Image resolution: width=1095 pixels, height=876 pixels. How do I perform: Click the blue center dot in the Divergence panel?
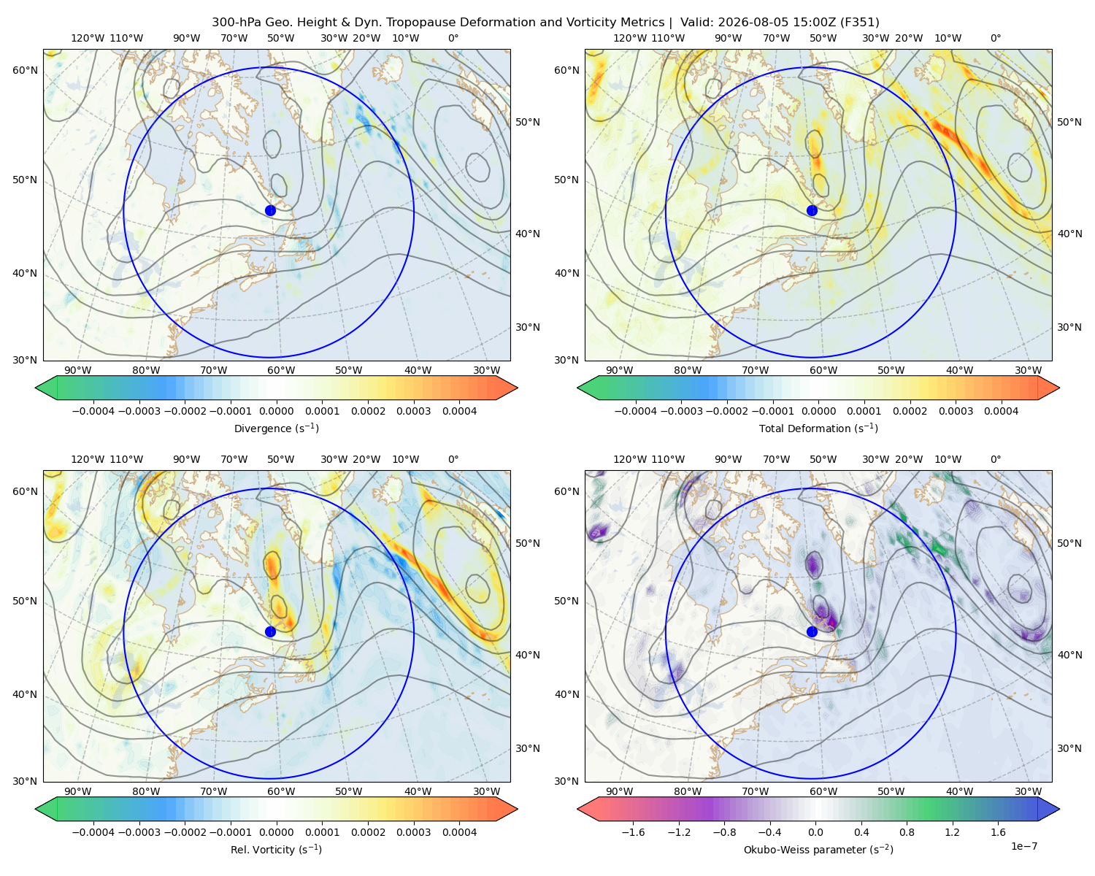click(x=270, y=210)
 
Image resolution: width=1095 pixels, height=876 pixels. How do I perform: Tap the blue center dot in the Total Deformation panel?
click(x=812, y=210)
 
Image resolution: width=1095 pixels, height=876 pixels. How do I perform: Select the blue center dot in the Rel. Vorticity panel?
click(x=270, y=631)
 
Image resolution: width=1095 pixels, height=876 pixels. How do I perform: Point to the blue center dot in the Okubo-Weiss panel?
click(x=812, y=631)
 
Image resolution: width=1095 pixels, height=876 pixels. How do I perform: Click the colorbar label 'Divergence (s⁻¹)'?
click(x=276, y=428)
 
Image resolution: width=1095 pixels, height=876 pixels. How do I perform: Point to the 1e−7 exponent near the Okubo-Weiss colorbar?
click(x=1023, y=846)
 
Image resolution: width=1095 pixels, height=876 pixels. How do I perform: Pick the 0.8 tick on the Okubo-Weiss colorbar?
click(x=907, y=831)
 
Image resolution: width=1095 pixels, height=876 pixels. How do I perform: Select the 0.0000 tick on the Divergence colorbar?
click(x=276, y=411)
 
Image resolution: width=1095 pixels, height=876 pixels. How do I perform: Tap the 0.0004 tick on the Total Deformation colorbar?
click(x=1001, y=411)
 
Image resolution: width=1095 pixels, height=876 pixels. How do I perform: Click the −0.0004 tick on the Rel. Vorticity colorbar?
click(x=93, y=831)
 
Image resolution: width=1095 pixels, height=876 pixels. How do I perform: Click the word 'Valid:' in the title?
click(x=697, y=23)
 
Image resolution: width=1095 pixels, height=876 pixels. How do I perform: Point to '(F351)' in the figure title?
click(x=859, y=23)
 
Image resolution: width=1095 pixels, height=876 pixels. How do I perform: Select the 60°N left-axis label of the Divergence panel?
click(x=25, y=70)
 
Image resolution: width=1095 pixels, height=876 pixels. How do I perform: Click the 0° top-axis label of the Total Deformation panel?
click(x=996, y=38)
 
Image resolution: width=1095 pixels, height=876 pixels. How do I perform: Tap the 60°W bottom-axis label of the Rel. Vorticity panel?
click(x=281, y=791)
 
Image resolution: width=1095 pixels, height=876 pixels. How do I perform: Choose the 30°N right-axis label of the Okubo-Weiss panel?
click(x=1069, y=748)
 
